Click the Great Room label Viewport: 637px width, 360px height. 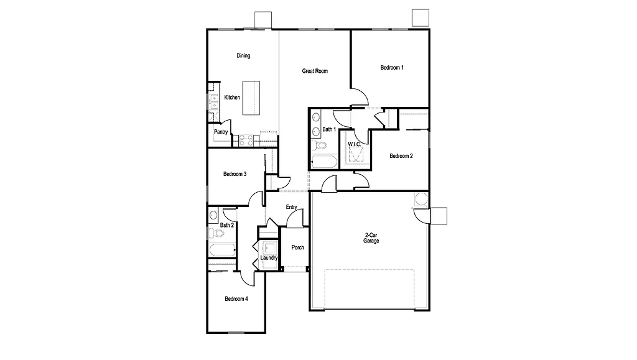pyautogui.click(x=315, y=71)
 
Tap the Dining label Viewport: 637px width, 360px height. pyautogui.click(x=243, y=56)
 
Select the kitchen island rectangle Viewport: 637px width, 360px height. pyautogui.click(x=250, y=97)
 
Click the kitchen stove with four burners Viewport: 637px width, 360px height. pyautogui.click(x=246, y=141)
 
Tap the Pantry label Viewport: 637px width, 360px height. pyautogui.click(x=221, y=132)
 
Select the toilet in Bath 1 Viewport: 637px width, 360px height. pyautogui.click(x=318, y=145)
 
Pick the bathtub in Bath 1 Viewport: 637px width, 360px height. pyautogui.click(x=323, y=163)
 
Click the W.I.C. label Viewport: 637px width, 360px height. pyautogui.click(x=354, y=144)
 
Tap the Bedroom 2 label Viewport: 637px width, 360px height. pyautogui.click(x=401, y=156)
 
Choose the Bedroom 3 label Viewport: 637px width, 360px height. pyautogui.click(x=235, y=174)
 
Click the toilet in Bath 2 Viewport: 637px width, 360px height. pyautogui.click(x=216, y=234)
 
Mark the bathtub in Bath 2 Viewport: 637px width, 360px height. pyautogui.click(x=221, y=251)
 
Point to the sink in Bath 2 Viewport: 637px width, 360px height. pyautogui.click(x=213, y=216)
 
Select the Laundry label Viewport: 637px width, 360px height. pyautogui.click(x=269, y=257)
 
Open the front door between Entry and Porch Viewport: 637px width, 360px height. pyautogui.click(x=295, y=219)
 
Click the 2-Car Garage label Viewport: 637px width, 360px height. pyautogui.click(x=371, y=238)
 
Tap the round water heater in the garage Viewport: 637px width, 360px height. pyautogui.click(x=421, y=199)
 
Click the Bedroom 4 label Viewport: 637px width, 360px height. pyautogui.click(x=236, y=299)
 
